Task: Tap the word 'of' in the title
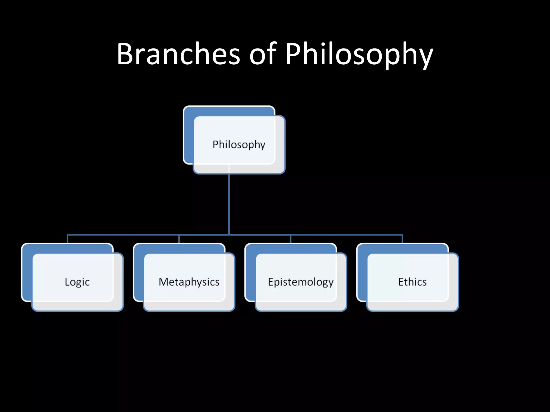(x=263, y=54)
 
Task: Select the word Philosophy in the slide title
(x=359, y=55)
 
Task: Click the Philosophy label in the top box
(x=239, y=145)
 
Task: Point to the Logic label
(x=77, y=282)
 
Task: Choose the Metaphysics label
(x=189, y=282)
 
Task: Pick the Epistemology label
(x=301, y=282)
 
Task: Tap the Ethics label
(x=412, y=282)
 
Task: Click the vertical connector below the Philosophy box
(x=229, y=204)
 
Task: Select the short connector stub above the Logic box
(x=67, y=239)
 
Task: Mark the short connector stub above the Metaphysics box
(x=179, y=239)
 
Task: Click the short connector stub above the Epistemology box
(x=291, y=239)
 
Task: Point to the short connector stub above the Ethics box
(x=402, y=239)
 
